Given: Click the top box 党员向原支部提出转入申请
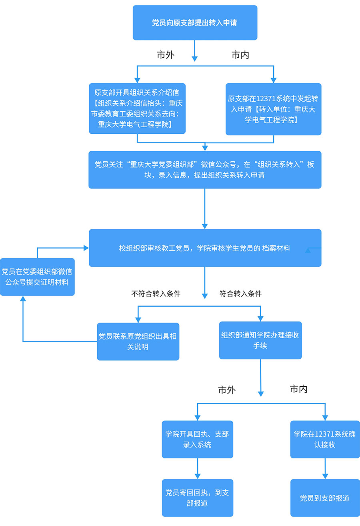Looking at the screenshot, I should pyautogui.click(x=195, y=23).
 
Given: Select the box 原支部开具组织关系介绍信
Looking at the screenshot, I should pyautogui.click(x=137, y=108).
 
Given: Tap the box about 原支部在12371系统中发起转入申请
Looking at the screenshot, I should pyautogui.click(x=273, y=109).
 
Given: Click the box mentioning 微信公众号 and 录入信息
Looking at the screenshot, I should pyautogui.click(x=205, y=170).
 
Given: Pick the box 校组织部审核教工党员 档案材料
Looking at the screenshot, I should pyautogui.click(x=205, y=248).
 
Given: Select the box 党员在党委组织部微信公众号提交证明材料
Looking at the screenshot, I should pyautogui.click(x=37, y=277).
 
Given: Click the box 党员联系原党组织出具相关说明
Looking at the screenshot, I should pyautogui.click(x=138, y=341).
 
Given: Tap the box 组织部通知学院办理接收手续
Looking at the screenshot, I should pyautogui.click(x=260, y=340).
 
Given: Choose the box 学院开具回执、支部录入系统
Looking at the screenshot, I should pyautogui.click(x=197, y=439).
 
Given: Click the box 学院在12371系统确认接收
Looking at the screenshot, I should pyautogui.click(x=325, y=439).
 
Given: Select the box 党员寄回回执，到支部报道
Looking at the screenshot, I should pyautogui.click(x=197, y=498).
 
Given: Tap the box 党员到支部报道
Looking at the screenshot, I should pyautogui.click(x=325, y=498).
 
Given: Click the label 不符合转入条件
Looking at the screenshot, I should pyautogui.click(x=156, y=293).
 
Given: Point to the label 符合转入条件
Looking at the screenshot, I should pyautogui.click(x=240, y=293).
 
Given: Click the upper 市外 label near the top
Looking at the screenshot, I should pyautogui.click(x=165, y=55).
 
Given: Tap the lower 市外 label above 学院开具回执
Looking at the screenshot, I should pyautogui.click(x=226, y=390).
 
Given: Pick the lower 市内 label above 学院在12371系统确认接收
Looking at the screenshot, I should pyautogui.click(x=298, y=389).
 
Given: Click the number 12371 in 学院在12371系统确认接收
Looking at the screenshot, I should pyautogui.click(x=324, y=434).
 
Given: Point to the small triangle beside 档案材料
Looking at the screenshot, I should pyautogui.click(x=308, y=251).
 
